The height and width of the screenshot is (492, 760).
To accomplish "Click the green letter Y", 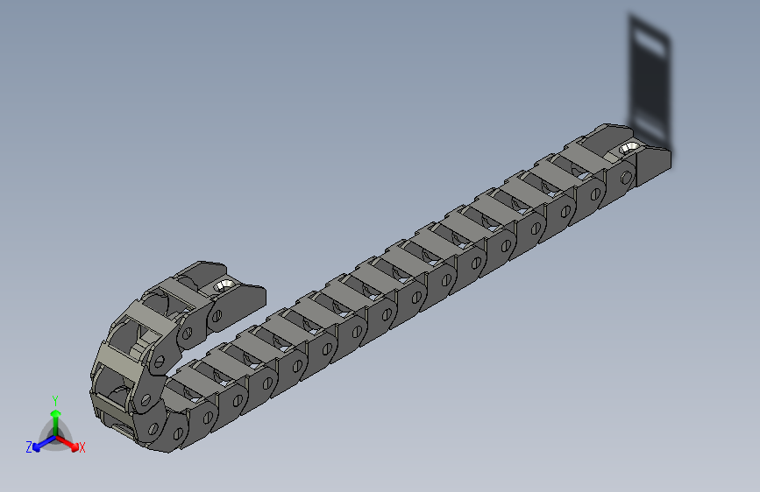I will [x=55, y=400].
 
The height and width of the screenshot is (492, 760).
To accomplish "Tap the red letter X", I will [x=82, y=448].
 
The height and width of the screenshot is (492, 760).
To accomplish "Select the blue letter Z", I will [x=29, y=447].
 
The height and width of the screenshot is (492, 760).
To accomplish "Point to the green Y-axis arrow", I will [x=55, y=416].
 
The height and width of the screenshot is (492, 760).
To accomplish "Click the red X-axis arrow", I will [x=70, y=441].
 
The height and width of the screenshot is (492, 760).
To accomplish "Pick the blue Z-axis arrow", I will [x=40, y=442].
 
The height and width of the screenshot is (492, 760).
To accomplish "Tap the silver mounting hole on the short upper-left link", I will [x=223, y=285].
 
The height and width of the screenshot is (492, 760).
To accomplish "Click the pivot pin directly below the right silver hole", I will [x=626, y=180].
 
